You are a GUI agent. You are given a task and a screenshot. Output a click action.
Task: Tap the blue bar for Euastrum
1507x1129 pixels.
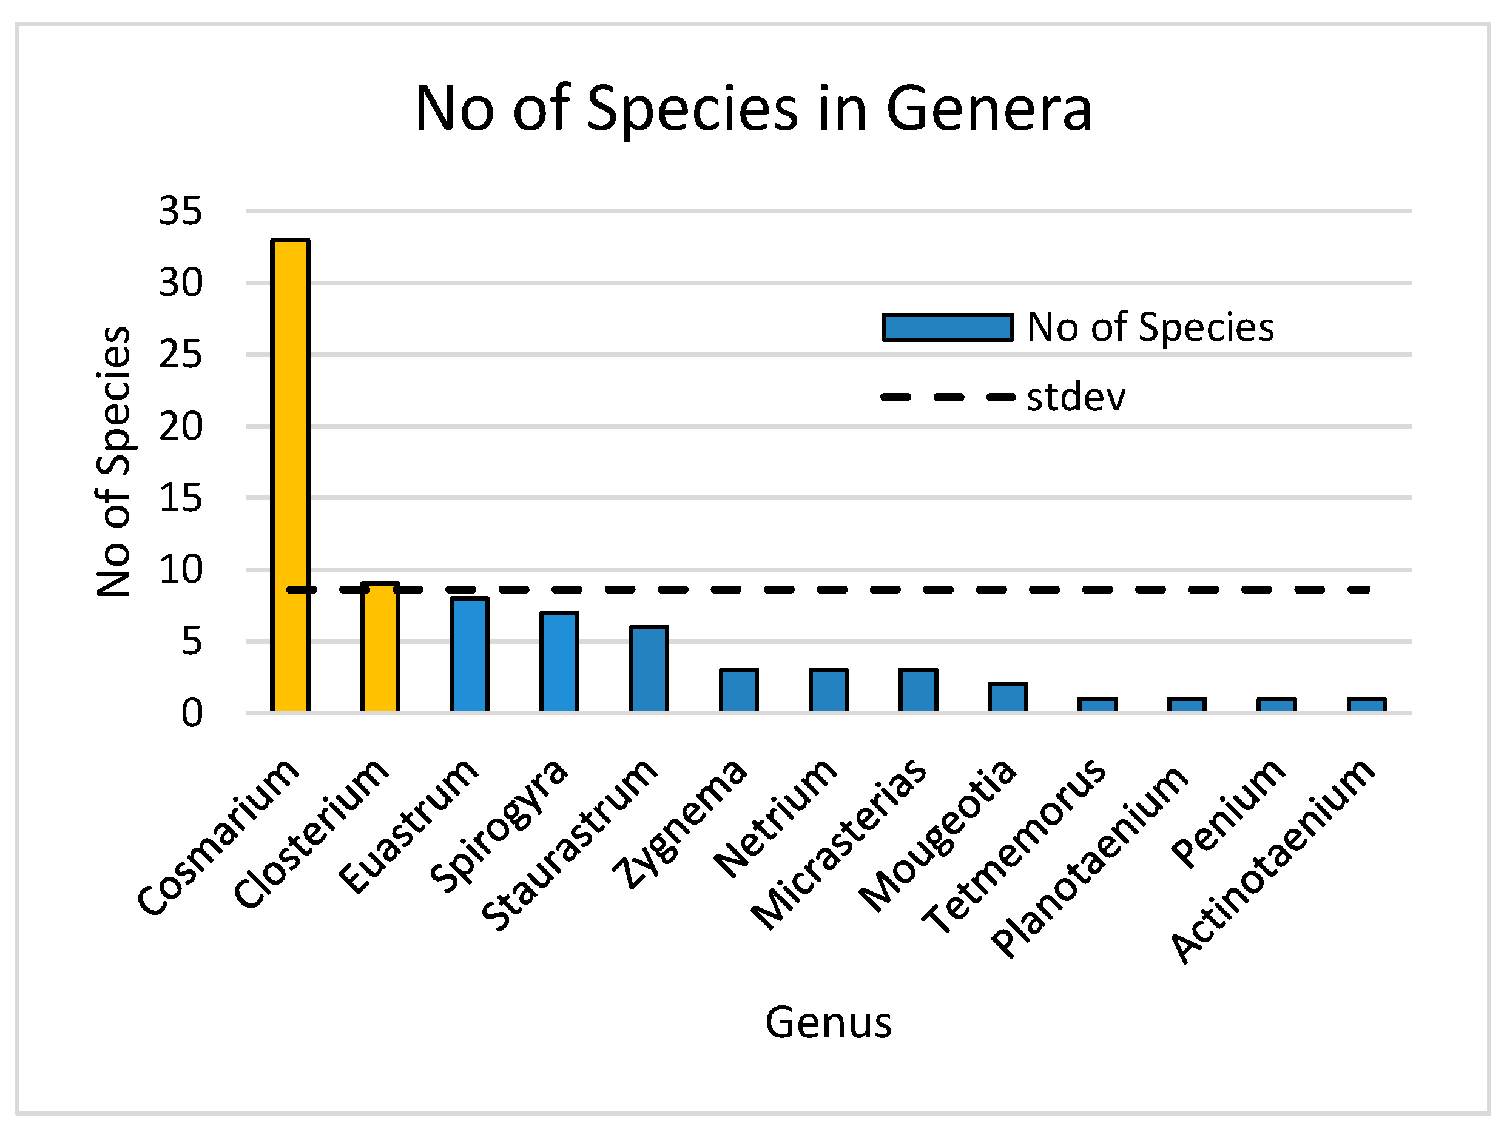(x=470, y=654)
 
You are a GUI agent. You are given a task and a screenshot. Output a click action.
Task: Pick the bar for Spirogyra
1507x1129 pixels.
(x=559, y=661)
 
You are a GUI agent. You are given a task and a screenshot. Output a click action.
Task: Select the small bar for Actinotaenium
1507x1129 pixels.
(x=1367, y=704)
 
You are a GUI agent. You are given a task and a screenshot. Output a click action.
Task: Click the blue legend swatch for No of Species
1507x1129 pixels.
(x=947, y=327)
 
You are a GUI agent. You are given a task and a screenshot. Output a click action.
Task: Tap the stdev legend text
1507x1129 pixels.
(x=1076, y=398)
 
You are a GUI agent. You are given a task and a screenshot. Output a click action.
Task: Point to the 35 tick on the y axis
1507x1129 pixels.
(x=181, y=210)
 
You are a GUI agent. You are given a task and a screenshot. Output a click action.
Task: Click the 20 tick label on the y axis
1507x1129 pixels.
(x=181, y=427)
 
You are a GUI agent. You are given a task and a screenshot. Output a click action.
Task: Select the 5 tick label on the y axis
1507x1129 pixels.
(x=192, y=642)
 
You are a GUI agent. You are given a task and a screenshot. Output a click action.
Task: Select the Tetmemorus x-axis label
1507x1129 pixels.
(x=1015, y=848)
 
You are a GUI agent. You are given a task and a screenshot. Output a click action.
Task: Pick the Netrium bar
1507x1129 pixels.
(x=829, y=690)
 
